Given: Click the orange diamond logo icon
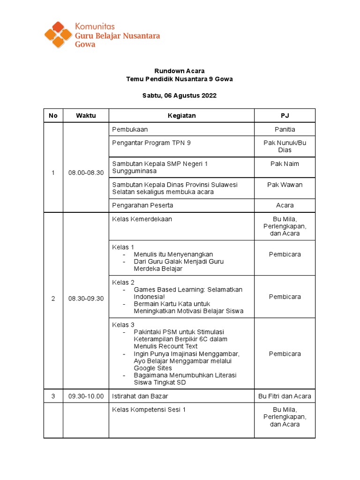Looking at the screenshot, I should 58,34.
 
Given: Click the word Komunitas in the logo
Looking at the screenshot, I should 95,26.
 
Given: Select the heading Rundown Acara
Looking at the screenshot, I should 180,71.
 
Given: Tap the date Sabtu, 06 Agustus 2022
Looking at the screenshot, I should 180,96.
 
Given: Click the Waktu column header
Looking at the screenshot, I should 86,115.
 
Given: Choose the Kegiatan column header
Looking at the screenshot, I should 181,115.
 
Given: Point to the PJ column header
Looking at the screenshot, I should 285,115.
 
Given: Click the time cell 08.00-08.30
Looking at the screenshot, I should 86,172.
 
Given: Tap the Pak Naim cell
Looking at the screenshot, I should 285,164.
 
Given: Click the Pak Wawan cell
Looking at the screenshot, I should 285,185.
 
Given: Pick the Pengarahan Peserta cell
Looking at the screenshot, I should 141,205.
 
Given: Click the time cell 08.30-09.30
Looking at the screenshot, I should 86,299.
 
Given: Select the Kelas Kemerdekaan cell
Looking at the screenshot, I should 142,219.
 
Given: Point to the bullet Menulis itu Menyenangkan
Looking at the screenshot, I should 173,255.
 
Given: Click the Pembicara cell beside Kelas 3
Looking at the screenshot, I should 285,354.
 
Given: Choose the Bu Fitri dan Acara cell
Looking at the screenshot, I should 285,396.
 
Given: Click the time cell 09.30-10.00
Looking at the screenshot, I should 86,396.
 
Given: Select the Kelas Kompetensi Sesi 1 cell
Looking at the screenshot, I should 149,410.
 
